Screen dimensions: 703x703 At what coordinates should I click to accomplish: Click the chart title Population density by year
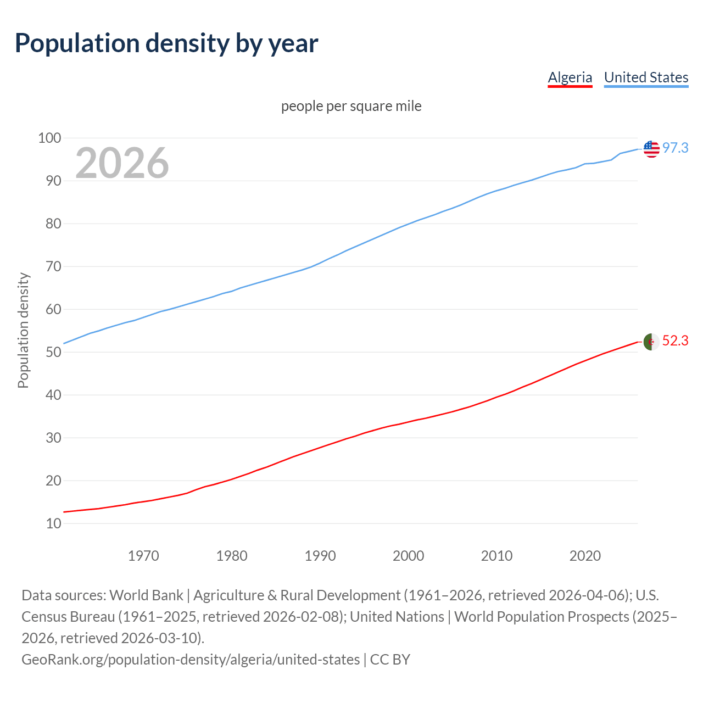click(166, 43)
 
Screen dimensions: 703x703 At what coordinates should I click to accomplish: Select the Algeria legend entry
click(570, 77)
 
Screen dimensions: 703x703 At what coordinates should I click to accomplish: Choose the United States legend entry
click(646, 77)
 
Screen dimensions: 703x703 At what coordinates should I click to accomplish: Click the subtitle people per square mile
click(351, 106)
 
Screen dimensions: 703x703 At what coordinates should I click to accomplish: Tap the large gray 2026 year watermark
click(122, 163)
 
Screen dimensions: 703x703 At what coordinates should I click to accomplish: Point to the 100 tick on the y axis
click(49, 138)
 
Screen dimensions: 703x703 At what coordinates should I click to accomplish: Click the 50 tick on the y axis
click(53, 352)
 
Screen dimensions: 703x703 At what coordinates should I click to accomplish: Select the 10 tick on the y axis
click(53, 523)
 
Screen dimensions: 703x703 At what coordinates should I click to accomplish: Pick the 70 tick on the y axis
click(53, 266)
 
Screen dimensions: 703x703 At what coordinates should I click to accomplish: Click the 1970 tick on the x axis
click(143, 556)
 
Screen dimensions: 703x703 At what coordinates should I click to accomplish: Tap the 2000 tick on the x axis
click(408, 556)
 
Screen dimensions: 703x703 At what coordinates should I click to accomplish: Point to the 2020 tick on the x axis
click(585, 556)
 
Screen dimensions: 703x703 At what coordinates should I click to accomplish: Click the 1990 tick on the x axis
click(320, 556)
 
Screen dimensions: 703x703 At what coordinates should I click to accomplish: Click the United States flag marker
click(651, 148)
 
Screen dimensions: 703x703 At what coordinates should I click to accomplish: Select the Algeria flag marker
click(651, 342)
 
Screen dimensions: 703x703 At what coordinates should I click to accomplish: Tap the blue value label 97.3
click(675, 148)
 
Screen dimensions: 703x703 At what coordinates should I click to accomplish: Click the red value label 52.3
click(675, 341)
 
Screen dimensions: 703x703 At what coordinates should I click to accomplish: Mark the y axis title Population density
click(23, 330)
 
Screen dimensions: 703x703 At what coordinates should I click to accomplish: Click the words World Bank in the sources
click(146, 595)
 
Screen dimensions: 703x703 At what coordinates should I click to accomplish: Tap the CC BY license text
click(390, 660)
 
